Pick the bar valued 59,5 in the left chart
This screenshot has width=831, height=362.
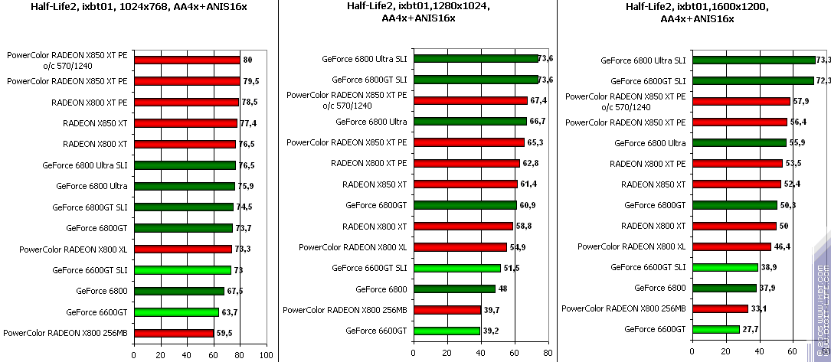tap(173, 333)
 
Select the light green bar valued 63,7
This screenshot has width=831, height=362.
tap(176, 312)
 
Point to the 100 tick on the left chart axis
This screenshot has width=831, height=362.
tap(266, 355)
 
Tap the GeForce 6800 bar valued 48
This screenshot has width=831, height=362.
tap(454, 289)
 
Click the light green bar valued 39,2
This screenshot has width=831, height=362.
tap(447, 330)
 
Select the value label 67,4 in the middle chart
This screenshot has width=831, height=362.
tap(538, 100)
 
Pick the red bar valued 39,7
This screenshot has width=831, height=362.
tap(447, 309)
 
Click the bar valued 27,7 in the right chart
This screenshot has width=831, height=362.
tap(715, 329)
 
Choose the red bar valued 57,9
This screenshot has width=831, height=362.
tap(741, 101)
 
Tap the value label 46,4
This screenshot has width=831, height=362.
tap(782, 246)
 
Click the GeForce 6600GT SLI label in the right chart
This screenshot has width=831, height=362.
tap(648, 267)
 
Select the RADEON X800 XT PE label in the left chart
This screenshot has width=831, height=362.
tap(90, 102)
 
